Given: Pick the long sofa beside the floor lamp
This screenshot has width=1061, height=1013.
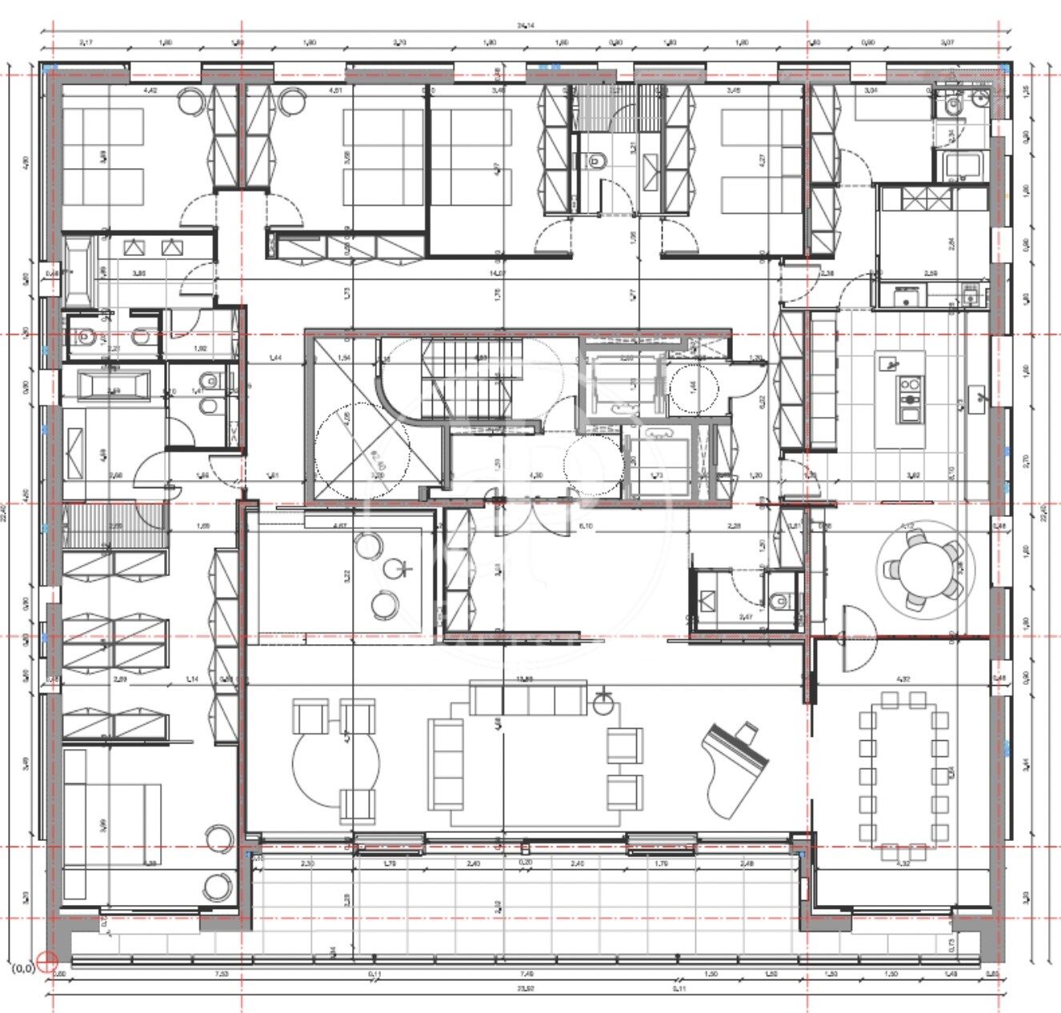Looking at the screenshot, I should (527, 698).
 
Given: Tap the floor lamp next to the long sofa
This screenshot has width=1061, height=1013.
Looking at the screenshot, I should (603, 703).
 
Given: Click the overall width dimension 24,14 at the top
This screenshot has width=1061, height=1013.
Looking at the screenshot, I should (525, 26).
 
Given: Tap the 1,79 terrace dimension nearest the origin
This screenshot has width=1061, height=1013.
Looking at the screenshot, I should (390, 863).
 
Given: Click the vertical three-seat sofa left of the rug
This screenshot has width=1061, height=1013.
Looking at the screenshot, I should (445, 763).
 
